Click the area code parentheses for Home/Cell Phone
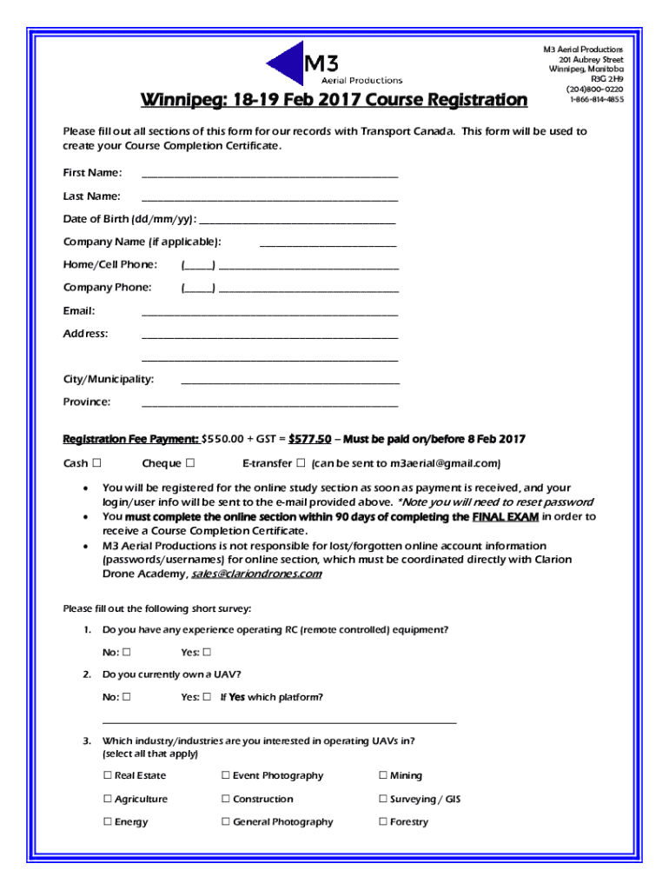198,265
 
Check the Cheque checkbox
189,462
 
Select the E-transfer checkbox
301,462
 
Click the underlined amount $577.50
309,439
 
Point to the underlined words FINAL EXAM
505,517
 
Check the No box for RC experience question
127,653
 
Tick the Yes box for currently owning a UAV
207,697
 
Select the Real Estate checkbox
108,776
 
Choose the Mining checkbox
383,776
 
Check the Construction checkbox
226,800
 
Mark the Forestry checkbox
383,822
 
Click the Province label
87,402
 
